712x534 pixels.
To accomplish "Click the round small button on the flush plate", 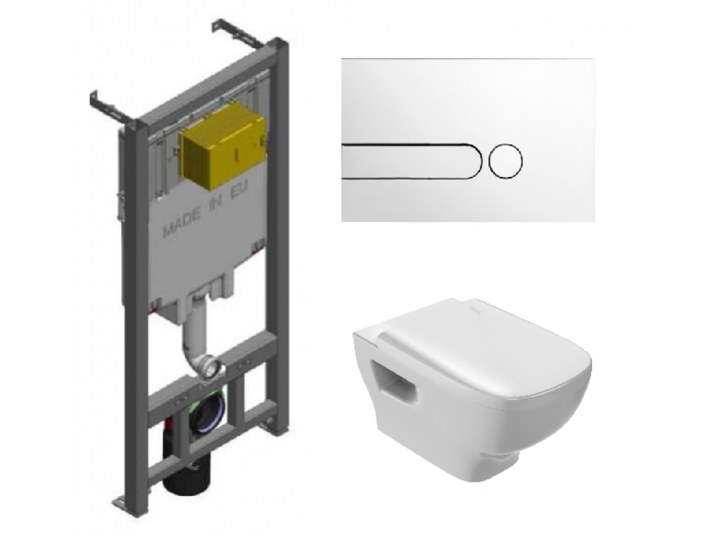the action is tap(506, 161).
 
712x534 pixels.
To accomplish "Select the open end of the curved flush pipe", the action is tap(211, 367).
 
